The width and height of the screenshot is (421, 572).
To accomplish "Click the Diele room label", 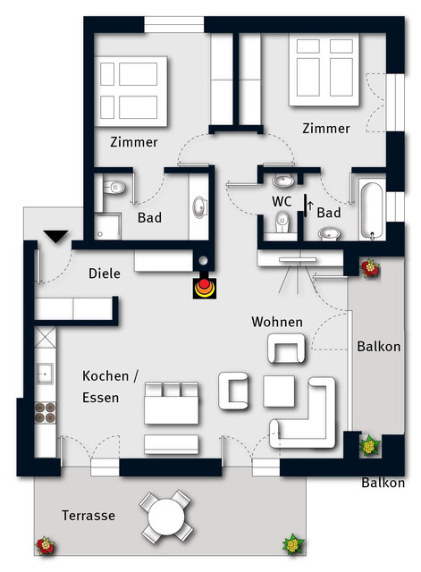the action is point(105,273).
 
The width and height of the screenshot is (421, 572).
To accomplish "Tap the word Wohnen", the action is point(277,322).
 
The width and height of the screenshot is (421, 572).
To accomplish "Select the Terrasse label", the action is point(88,516).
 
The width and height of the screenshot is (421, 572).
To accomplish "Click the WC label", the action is point(282,201).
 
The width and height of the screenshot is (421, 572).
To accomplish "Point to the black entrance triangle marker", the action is point(55,236).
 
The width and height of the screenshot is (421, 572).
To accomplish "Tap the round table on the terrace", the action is point(166,517).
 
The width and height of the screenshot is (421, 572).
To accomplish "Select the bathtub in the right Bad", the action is point(372,209).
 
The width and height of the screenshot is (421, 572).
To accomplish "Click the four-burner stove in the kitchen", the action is point(46,412).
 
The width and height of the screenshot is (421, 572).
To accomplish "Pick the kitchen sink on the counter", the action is point(45,374).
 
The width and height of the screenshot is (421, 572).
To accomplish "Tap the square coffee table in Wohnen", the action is point(279,391).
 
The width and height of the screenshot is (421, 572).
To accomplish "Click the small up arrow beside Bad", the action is point(310,206).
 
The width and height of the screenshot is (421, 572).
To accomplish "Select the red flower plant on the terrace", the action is point(46,546).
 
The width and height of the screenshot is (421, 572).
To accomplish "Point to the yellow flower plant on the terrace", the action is point(293,544).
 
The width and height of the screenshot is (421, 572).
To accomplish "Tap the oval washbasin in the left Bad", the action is point(199,207).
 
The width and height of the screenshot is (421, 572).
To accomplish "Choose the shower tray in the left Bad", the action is point(107,227).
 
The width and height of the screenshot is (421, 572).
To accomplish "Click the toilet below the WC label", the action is point(282,223).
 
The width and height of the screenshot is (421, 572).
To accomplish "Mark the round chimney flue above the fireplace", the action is point(203,260).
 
